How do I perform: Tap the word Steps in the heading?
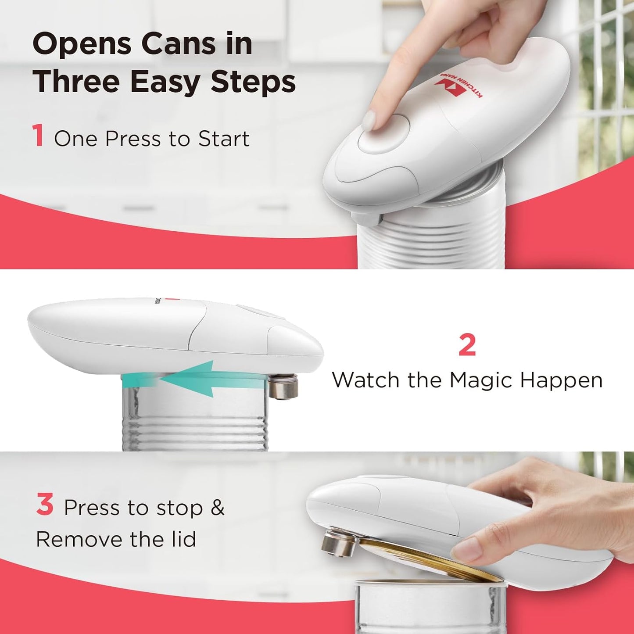click(253, 82)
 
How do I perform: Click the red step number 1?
click(38, 136)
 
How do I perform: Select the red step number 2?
click(467, 346)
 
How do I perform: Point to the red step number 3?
click(45, 505)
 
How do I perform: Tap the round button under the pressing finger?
click(383, 134)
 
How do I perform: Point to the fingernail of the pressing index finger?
click(370, 120)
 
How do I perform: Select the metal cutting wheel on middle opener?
click(284, 387)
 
